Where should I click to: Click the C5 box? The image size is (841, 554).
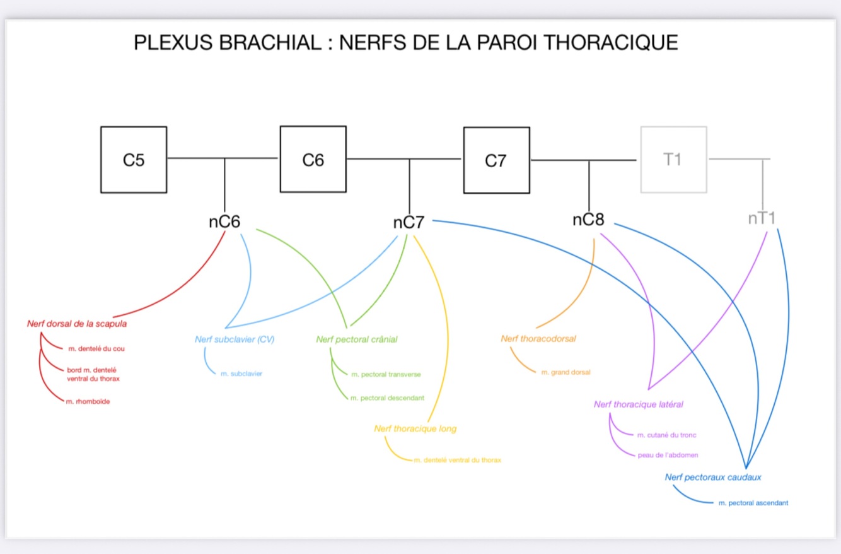coord(134,160)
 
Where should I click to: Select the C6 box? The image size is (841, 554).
coord(313,160)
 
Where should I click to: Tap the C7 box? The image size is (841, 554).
coord(496,161)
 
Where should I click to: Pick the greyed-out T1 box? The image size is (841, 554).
coord(673,159)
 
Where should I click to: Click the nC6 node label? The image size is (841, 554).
coord(224,221)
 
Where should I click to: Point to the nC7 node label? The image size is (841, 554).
coord(409,223)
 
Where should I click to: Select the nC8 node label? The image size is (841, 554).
coord(588,220)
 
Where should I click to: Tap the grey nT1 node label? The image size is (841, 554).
coord(762,218)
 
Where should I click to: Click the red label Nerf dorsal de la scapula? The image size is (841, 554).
coord(77,324)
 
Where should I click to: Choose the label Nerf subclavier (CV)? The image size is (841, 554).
coord(235,339)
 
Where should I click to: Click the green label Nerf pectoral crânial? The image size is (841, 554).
coord(357,339)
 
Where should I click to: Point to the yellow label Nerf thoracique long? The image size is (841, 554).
coord(415,428)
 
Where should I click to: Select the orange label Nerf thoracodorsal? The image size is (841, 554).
coord(538,338)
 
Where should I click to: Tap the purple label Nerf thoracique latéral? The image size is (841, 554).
coord(639,404)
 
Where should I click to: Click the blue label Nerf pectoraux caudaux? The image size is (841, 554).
coord(713,477)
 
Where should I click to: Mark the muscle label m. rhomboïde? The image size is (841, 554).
coord(88,402)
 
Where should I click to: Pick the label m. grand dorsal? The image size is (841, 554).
coord(565,372)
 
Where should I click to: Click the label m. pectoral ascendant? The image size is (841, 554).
coord(753,503)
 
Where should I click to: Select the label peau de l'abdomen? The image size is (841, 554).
coord(668,455)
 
